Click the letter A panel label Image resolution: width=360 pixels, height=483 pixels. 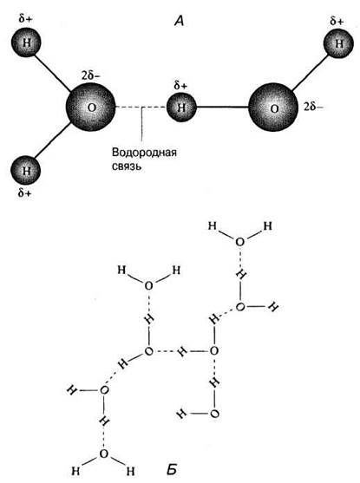coord(179,21)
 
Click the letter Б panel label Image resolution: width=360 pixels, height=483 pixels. coord(172,469)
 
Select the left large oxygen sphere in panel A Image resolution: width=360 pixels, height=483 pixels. coord(90,107)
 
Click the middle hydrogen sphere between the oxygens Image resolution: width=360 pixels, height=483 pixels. coord(181,108)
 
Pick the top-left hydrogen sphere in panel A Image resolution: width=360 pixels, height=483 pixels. coord(26,42)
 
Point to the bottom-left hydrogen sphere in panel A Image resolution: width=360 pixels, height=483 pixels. coord(26,170)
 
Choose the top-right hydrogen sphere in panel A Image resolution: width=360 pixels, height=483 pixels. coord(338,43)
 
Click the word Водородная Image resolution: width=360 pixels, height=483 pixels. coord(144,153)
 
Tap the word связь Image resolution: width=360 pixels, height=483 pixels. coord(127,166)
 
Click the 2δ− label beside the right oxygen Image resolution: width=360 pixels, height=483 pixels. coord(313,107)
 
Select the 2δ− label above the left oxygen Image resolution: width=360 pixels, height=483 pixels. coord(90,75)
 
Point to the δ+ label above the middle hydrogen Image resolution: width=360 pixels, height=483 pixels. coord(180,86)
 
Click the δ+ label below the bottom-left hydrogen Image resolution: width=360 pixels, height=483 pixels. coord(24,193)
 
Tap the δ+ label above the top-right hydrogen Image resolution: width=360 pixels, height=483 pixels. coord(337,22)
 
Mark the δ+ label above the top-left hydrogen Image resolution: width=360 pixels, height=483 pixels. coord(25,19)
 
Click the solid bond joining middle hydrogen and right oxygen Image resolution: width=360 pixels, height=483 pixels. coord(222,108)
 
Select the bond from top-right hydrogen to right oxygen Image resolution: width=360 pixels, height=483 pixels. coord(309,73)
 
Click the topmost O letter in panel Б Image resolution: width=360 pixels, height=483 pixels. coord(239,242)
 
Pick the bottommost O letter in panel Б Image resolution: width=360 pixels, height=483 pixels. coord(104,454)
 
